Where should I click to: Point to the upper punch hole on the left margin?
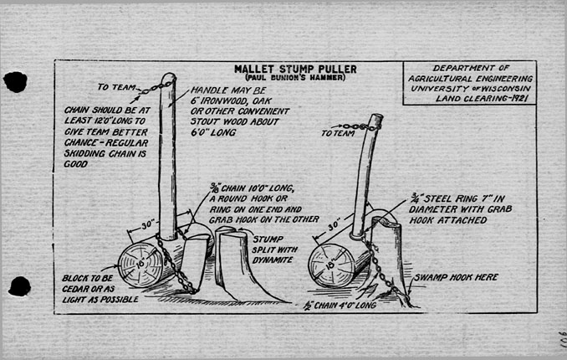click(15, 81)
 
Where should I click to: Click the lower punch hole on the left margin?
click(19, 286)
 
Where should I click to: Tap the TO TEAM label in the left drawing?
click(115, 85)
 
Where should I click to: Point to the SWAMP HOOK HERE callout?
click(452, 275)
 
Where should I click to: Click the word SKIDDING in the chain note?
click(86, 154)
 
